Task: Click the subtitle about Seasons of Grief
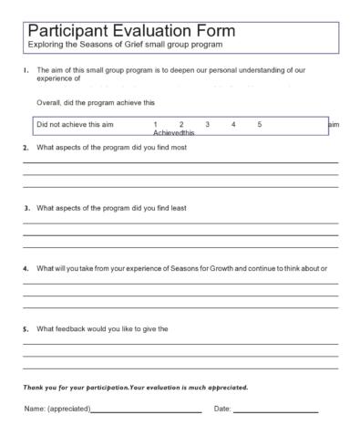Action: [x=125, y=44]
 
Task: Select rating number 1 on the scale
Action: [x=156, y=124]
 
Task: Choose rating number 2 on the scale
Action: [x=181, y=124]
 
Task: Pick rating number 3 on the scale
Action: [x=208, y=124]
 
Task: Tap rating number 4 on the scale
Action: [x=233, y=124]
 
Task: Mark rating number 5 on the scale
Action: [x=259, y=124]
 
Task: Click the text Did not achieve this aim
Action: [x=76, y=124]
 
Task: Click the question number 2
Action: [x=26, y=148]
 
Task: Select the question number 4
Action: [x=26, y=269]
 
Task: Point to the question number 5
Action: [x=26, y=329]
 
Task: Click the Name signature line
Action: [x=146, y=411]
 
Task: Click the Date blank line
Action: [x=275, y=411]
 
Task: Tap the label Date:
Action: [x=222, y=409]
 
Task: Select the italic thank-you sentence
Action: [x=135, y=388]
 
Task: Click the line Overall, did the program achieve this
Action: [x=96, y=103]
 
